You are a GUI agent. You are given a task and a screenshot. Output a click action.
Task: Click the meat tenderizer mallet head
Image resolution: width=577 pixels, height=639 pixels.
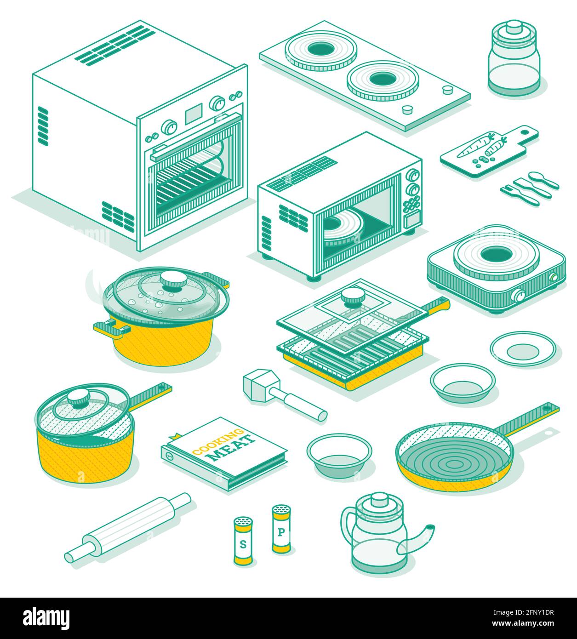(x=261, y=387)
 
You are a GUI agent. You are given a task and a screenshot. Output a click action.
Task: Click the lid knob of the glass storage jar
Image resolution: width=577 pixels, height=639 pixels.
(x=514, y=27)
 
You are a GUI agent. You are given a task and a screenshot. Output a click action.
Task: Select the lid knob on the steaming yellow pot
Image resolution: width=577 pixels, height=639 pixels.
(x=173, y=280)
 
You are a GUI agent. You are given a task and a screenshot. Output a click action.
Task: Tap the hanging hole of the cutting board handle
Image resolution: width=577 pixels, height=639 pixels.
(x=525, y=131)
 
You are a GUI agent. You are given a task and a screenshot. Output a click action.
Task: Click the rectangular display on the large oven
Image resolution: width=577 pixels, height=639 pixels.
(x=194, y=114)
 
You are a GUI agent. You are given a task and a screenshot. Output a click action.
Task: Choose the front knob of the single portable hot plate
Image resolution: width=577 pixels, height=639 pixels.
(x=518, y=295)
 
